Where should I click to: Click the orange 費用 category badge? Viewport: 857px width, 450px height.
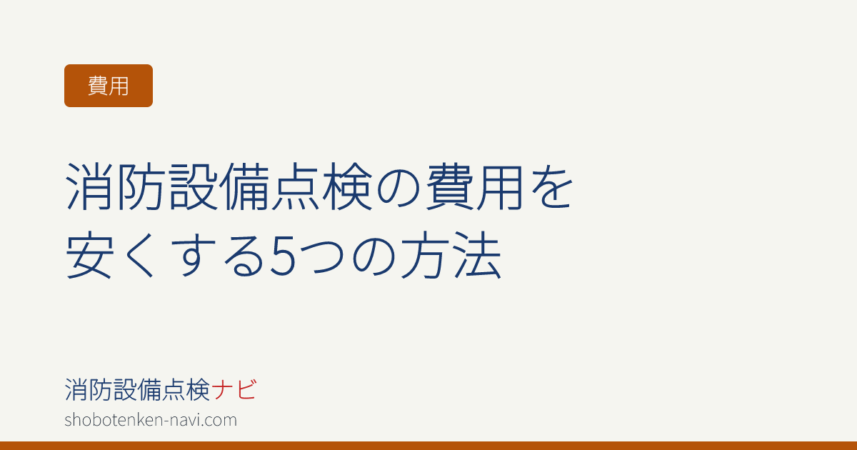109,86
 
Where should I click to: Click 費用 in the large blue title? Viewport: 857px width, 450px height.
475,186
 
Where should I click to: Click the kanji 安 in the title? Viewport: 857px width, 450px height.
90,254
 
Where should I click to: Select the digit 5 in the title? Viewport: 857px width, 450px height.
283,256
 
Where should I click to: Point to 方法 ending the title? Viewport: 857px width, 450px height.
451,254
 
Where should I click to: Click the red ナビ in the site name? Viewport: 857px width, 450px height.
234,389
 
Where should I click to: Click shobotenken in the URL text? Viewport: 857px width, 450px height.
114,420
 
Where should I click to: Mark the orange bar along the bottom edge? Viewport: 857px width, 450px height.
428,446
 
